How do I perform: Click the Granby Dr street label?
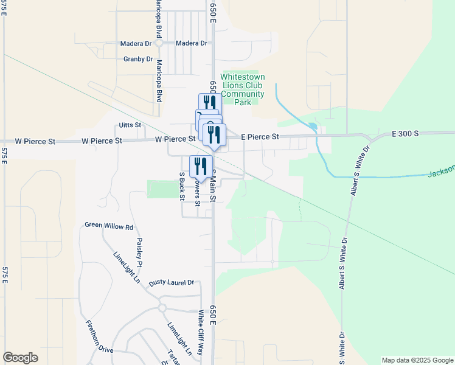[x=138, y=59]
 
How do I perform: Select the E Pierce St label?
[x=260, y=137]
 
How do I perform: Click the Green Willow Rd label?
[x=109, y=226]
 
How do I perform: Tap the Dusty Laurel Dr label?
[x=172, y=283]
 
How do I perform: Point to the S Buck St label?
[x=182, y=186]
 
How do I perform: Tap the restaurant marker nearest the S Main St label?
[x=201, y=166]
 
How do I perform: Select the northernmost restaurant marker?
[x=209, y=102]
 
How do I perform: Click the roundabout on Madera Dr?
[x=158, y=43]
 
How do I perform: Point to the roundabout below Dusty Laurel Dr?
[x=162, y=308]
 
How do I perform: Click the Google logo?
[x=20, y=358]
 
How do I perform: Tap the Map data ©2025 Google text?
[x=417, y=360]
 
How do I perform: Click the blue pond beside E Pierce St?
[x=313, y=128]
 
